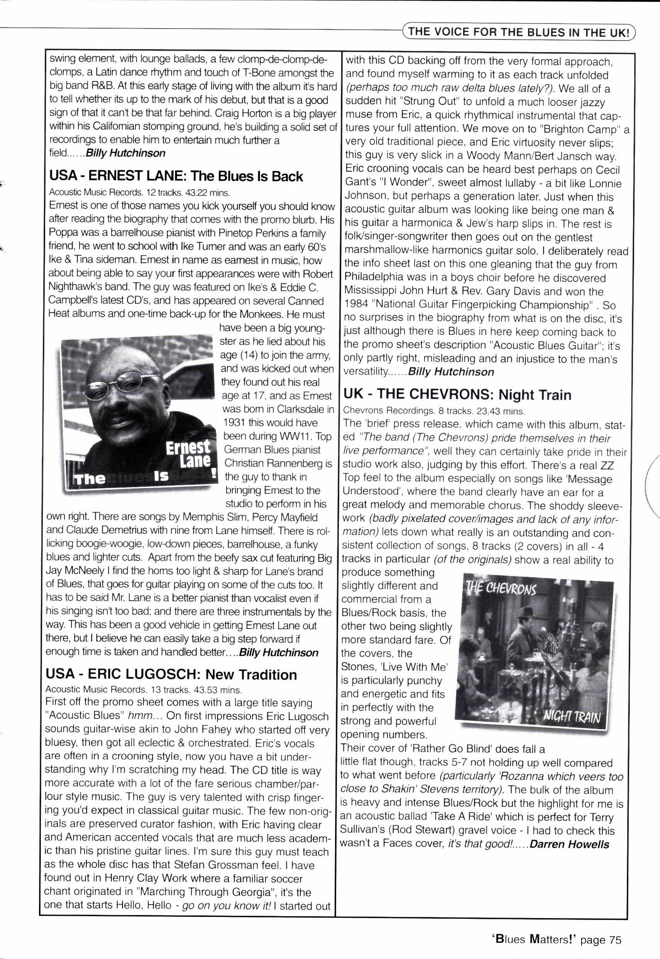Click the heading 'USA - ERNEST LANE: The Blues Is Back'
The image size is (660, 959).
(x=176, y=176)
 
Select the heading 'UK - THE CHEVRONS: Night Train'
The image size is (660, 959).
(x=457, y=395)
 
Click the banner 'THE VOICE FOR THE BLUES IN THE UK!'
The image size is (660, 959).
(x=519, y=33)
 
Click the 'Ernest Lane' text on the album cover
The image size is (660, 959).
(x=188, y=454)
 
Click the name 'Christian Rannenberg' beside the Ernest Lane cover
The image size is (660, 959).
(x=278, y=463)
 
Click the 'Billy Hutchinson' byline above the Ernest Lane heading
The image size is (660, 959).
(x=126, y=153)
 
